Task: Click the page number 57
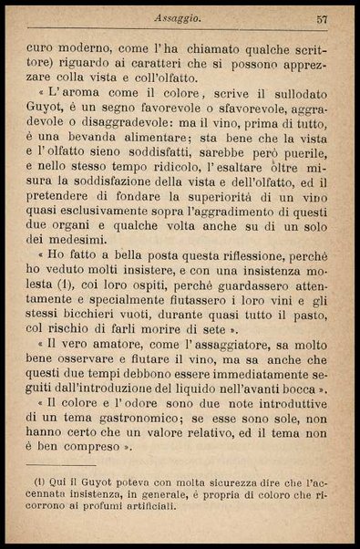coord(322,17)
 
